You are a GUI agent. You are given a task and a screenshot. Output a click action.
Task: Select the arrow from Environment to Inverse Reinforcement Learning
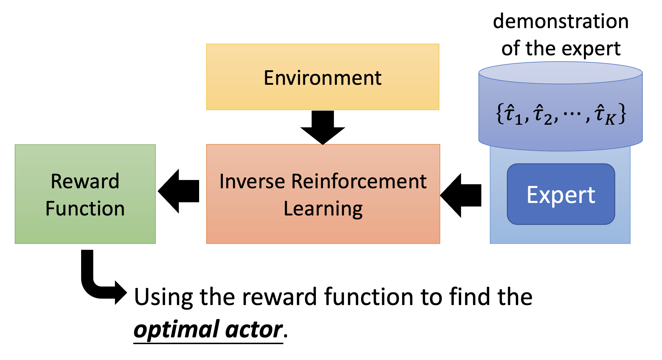pyautogui.click(x=323, y=127)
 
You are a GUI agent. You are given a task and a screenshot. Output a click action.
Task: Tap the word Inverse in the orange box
pyautogui.click(x=252, y=181)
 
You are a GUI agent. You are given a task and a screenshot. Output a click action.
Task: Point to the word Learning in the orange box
pyautogui.click(x=323, y=209)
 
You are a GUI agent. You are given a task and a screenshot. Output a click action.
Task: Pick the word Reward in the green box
pyautogui.click(x=85, y=181)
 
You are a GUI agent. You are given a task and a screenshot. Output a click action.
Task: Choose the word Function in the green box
pyautogui.click(x=85, y=209)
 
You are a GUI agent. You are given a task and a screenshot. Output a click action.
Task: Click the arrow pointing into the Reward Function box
pyautogui.click(x=179, y=191)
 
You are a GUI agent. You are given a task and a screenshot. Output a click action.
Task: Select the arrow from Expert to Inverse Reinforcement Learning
pyautogui.click(x=461, y=196)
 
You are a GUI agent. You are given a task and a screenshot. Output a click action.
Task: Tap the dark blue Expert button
pyautogui.click(x=561, y=195)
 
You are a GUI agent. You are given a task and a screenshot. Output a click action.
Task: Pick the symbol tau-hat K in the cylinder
pyautogui.click(x=604, y=115)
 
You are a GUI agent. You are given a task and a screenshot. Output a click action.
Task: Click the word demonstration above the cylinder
pyautogui.click(x=561, y=22)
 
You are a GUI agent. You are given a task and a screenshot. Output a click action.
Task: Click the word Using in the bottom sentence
pyautogui.click(x=163, y=297)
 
